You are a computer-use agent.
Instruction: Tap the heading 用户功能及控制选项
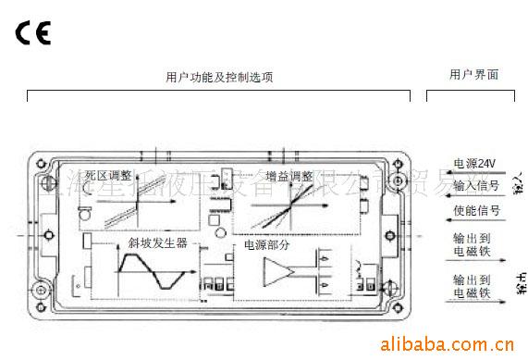(x=219, y=78)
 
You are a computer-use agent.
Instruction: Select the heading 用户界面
(x=473, y=75)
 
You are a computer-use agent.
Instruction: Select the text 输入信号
(x=475, y=185)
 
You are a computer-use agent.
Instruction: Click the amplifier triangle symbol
(x=278, y=272)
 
